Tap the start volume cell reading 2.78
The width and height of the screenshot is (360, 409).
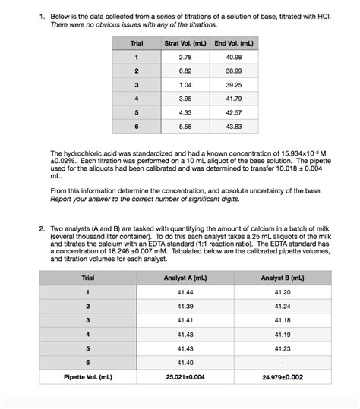(x=184, y=57)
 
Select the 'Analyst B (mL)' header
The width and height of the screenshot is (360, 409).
(x=283, y=278)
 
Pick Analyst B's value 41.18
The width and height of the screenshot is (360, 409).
(x=283, y=320)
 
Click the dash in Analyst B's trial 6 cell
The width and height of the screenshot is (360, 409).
(x=283, y=362)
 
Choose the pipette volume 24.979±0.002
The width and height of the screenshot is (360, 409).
(x=283, y=376)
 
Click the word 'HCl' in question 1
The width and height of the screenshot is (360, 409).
(x=314, y=14)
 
